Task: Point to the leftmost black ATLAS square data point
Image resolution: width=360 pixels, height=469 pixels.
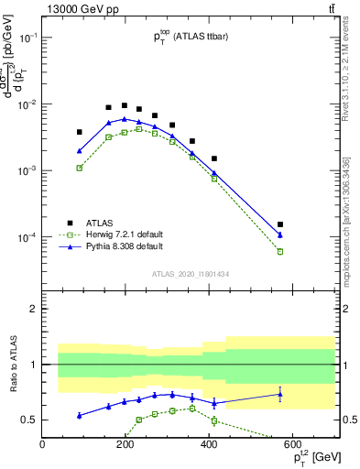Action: click(80, 132)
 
